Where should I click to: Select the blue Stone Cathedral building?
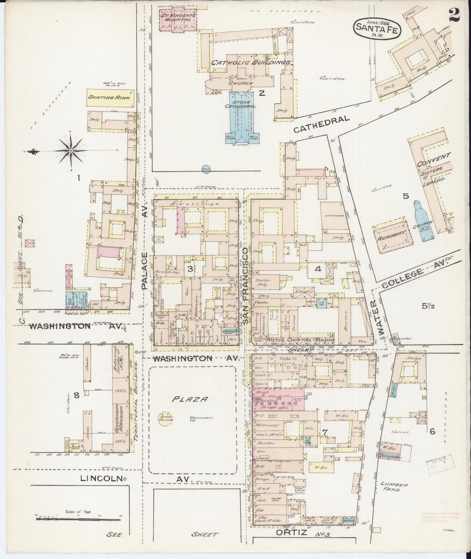pyautogui.click(x=242, y=114)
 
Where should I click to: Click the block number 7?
pyautogui.click(x=325, y=432)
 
